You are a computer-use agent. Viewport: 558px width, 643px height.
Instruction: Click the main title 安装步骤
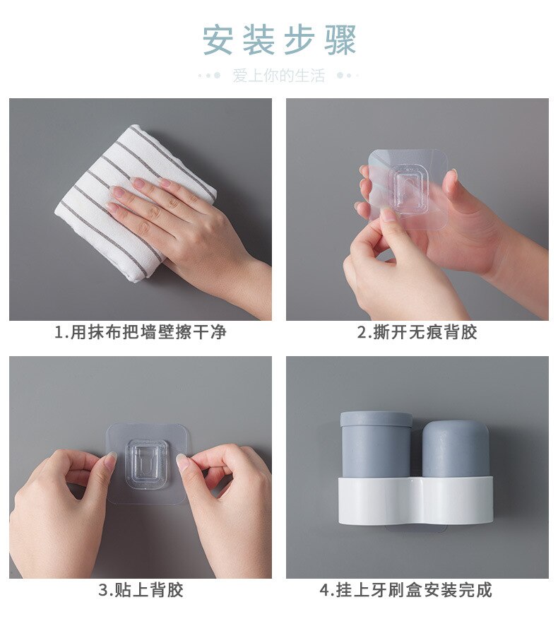tap(280, 40)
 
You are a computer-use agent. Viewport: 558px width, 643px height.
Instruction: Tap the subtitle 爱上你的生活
tap(278, 76)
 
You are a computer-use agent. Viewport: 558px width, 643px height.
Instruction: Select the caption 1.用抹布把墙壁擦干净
tap(141, 332)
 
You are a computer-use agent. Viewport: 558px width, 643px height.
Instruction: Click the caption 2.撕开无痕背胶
tap(417, 332)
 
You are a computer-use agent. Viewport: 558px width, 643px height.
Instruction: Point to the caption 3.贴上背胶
tap(141, 590)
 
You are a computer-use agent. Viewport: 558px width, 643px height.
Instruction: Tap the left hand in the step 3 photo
tap(60, 509)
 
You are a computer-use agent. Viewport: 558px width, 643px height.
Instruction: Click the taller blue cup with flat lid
tap(375, 449)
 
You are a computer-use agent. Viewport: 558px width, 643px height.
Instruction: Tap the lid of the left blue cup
tap(376, 420)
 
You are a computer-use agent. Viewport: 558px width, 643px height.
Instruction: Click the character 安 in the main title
tap(218, 40)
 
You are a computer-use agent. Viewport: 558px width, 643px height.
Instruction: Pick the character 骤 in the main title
tap(341, 40)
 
